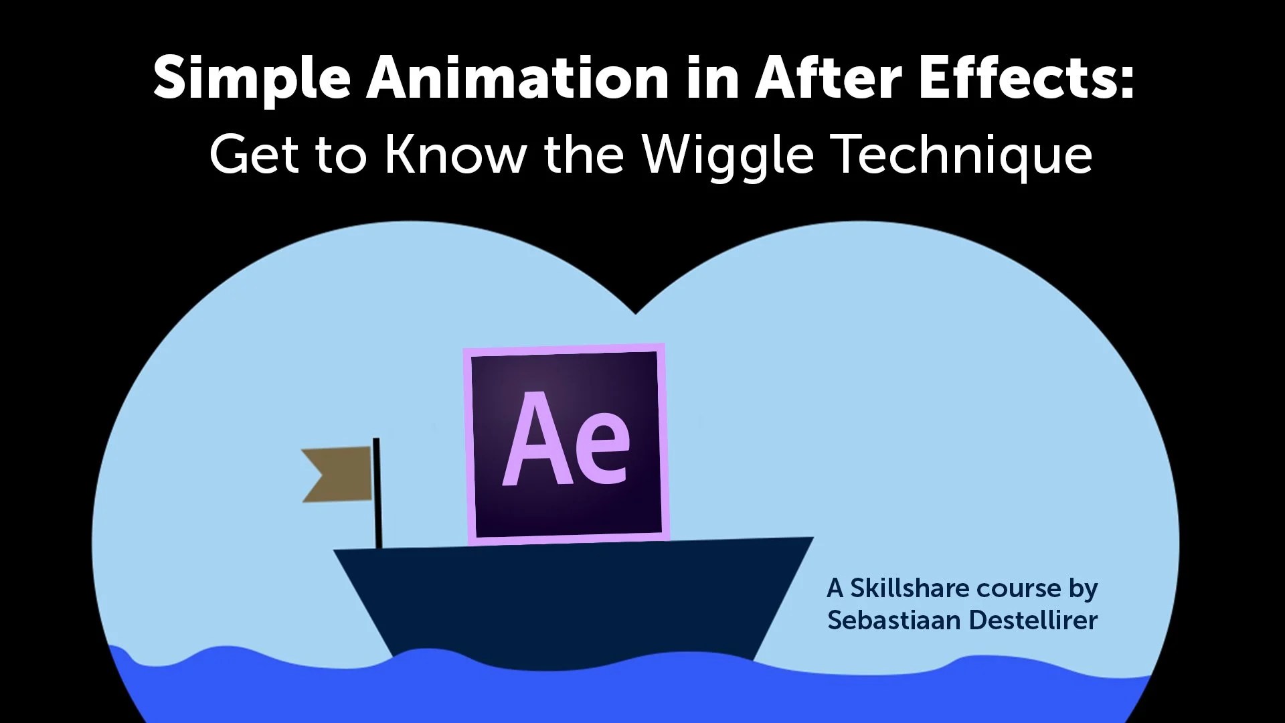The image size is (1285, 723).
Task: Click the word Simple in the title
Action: pyautogui.click(x=252, y=79)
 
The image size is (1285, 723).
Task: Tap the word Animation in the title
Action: pyautogui.click(x=516, y=78)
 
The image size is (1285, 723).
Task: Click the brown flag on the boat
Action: pyautogui.click(x=339, y=474)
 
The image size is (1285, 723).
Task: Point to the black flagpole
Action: pyautogui.click(x=377, y=492)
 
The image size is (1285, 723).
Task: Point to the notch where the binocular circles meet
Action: pyautogui.click(x=636, y=312)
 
